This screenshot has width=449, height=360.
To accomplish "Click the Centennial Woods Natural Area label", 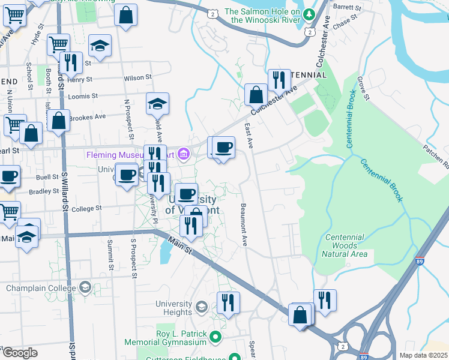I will click(344, 245).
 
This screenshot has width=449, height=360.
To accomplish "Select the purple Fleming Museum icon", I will click(184, 155).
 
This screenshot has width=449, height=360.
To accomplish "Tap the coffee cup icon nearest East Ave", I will click(223, 147).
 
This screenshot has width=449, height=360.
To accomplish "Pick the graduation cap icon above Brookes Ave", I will click(158, 103).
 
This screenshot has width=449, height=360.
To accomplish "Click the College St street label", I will click(88, 209).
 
